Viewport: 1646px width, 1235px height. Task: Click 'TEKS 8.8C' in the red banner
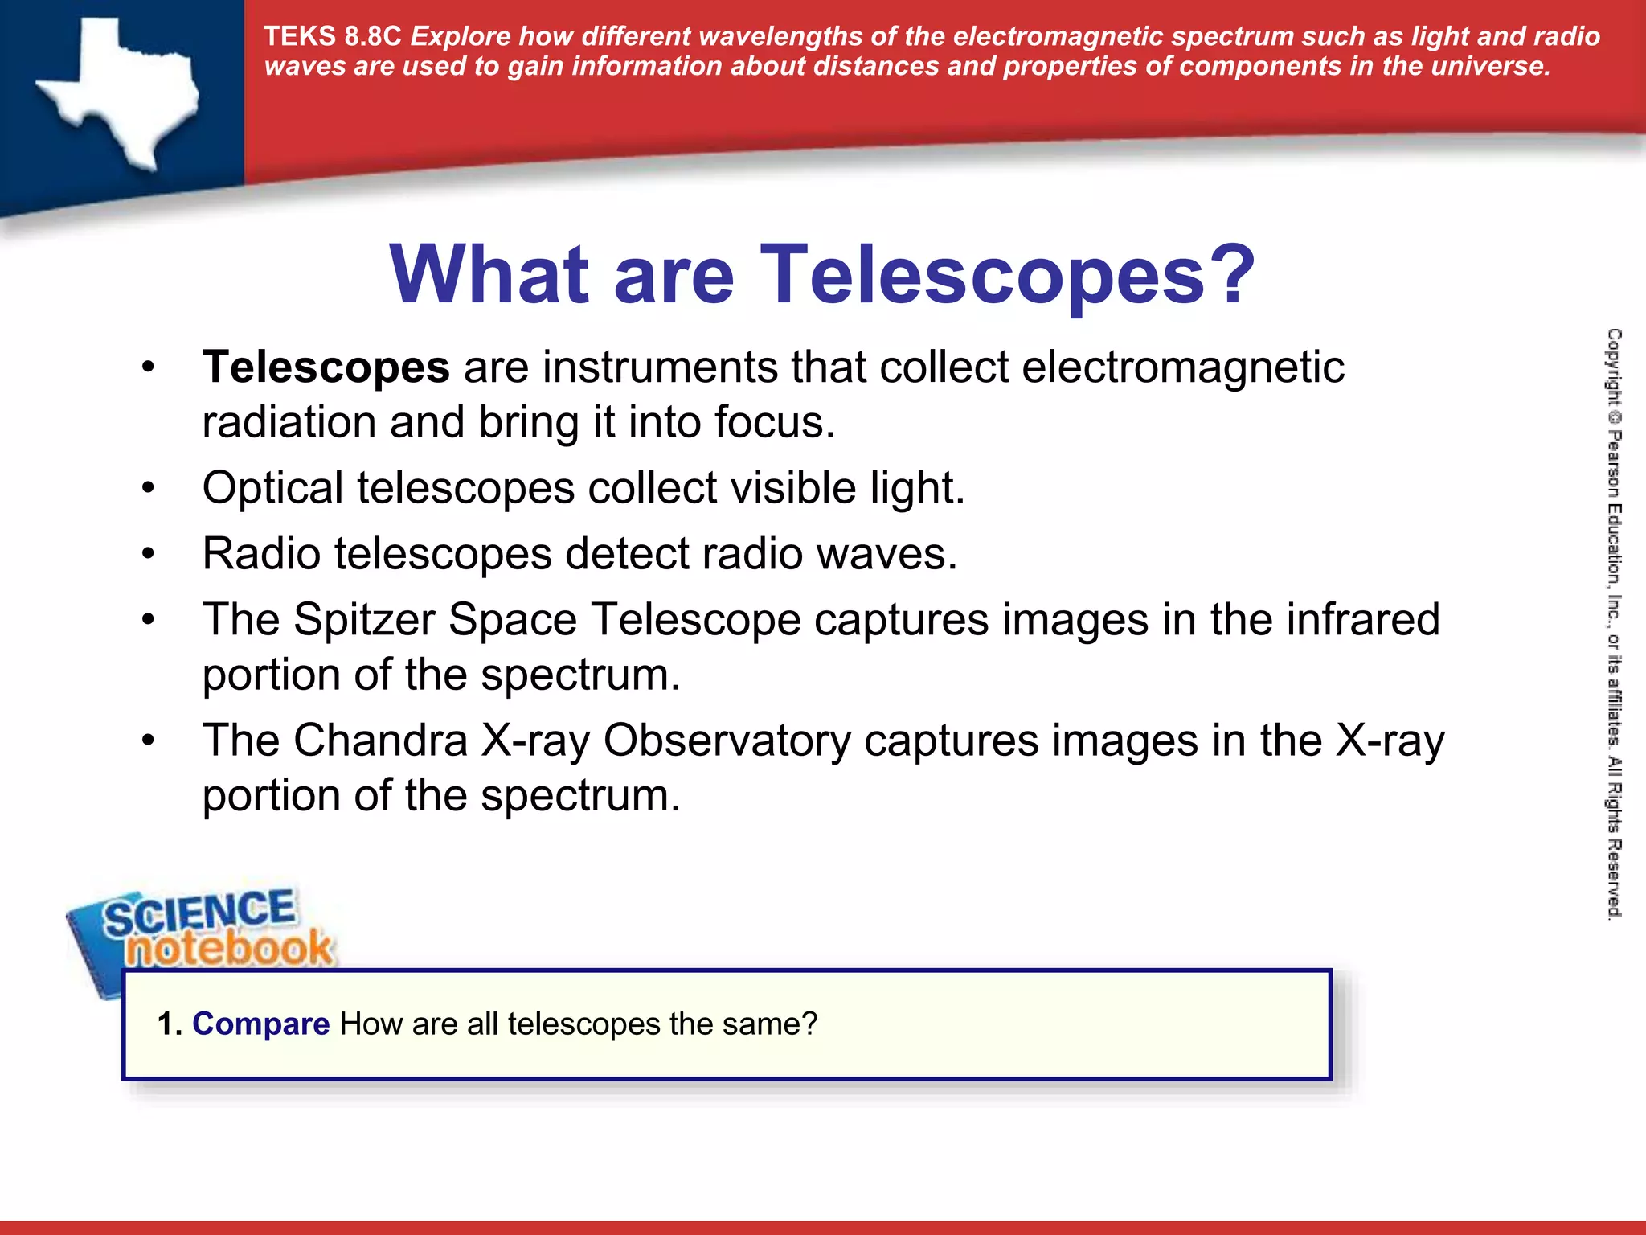point(332,37)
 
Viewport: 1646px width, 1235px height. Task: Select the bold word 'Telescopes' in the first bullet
point(326,368)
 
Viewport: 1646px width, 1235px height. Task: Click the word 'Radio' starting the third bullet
point(261,554)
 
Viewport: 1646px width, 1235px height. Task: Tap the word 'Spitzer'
point(362,620)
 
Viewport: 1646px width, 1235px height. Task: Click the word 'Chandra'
point(380,741)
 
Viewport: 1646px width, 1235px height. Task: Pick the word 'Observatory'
point(727,741)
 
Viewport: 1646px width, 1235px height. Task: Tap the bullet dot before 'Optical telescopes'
point(148,489)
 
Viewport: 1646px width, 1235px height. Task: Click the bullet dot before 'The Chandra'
point(148,741)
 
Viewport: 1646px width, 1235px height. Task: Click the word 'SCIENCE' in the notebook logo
point(199,913)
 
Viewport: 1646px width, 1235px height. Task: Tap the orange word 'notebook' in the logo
point(229,949)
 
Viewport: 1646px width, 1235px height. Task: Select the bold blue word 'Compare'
point(260,1024)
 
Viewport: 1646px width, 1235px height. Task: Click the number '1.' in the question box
point(170,1024)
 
